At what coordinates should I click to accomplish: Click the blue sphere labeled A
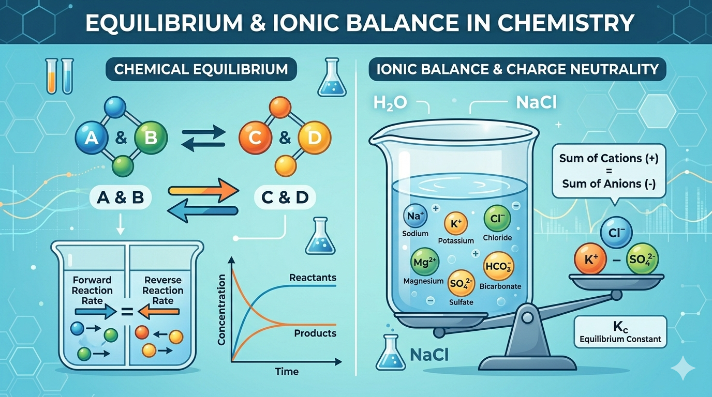(90, 138)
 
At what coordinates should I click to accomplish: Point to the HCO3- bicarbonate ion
(499, 267)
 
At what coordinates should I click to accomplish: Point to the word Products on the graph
(315, 333)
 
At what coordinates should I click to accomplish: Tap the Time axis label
(287, 372)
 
